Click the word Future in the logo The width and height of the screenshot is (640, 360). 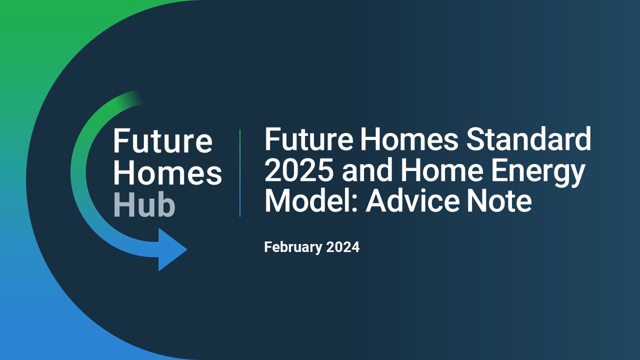point(163,141)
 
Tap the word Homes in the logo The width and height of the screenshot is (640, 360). point(167,173)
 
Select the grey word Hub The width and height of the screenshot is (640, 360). point(144,205)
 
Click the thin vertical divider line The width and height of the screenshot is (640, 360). point(240,173)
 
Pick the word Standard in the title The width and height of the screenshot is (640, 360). point(528,139)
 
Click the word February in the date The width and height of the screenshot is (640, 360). point(293,247)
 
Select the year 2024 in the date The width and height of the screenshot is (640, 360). point(343,247)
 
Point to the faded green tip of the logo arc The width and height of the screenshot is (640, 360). point(138,97)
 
